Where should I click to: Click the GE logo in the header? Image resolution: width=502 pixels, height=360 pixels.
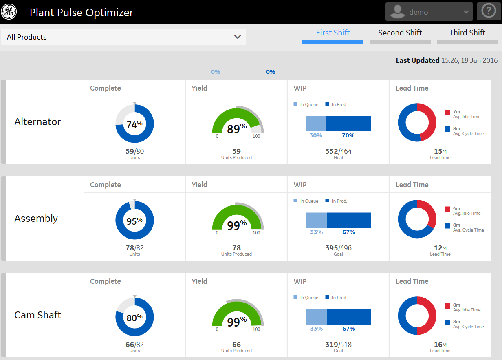(x=9, y=12)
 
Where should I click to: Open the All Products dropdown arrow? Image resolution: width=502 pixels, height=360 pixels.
(x=238, y=37)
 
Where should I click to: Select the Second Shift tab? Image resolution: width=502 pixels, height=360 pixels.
(x=400, y=33)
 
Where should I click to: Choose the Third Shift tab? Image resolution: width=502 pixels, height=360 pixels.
(x=467, y=33)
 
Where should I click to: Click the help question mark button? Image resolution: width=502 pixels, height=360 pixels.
(x=489, y=11)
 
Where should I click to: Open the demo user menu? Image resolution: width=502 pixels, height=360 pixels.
(x=429, y=12)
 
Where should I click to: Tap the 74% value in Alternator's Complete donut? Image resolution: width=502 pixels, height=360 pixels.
(x=134, y=125)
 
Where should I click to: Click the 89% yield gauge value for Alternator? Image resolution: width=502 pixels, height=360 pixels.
(x=236, y=129)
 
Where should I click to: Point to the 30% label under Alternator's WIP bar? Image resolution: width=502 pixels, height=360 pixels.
(x=316, y=135)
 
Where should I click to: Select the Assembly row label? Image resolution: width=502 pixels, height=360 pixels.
(x=36, y=219)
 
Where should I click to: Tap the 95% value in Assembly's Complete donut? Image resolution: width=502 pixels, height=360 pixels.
(x=134, y=221)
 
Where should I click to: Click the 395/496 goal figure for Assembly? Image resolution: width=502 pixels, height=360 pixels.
(x=338, y=248)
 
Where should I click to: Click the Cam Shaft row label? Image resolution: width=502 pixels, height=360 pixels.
(x=38, y=315)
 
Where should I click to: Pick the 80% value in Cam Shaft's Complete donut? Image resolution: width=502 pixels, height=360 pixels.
(x=134, y=318)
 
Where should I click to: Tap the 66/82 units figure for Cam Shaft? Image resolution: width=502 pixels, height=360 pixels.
(x=134, y=345)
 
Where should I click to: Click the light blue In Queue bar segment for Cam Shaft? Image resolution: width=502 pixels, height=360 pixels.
(x=317, y=317)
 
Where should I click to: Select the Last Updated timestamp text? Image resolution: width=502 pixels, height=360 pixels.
(x=447, y=60)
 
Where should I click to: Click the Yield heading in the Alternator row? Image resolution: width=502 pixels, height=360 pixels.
(x=200, y=88)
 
